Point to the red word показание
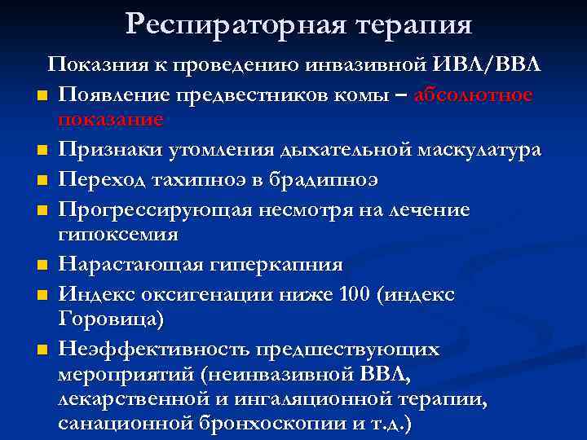click(x=111, y=119)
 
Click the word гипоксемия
click(x=118, y=234)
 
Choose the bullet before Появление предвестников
click(x=40, y=96)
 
